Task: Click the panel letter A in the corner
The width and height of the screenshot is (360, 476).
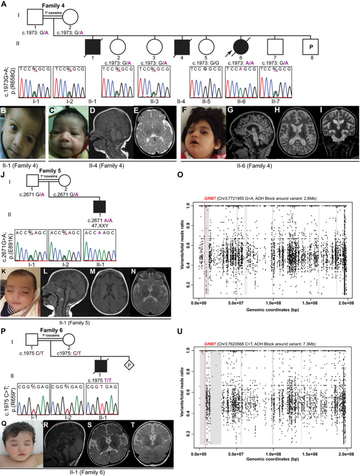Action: [x=4, y=4]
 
